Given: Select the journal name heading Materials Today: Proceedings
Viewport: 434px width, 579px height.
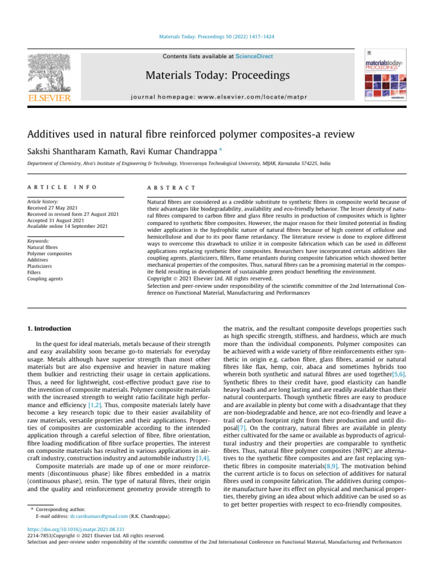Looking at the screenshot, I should tap(217, 75).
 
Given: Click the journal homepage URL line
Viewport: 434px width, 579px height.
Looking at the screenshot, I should tap(217, 97).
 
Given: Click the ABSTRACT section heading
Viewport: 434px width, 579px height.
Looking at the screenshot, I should tap(171, 187).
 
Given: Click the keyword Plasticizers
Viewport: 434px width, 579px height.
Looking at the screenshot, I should tap(41, 266).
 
